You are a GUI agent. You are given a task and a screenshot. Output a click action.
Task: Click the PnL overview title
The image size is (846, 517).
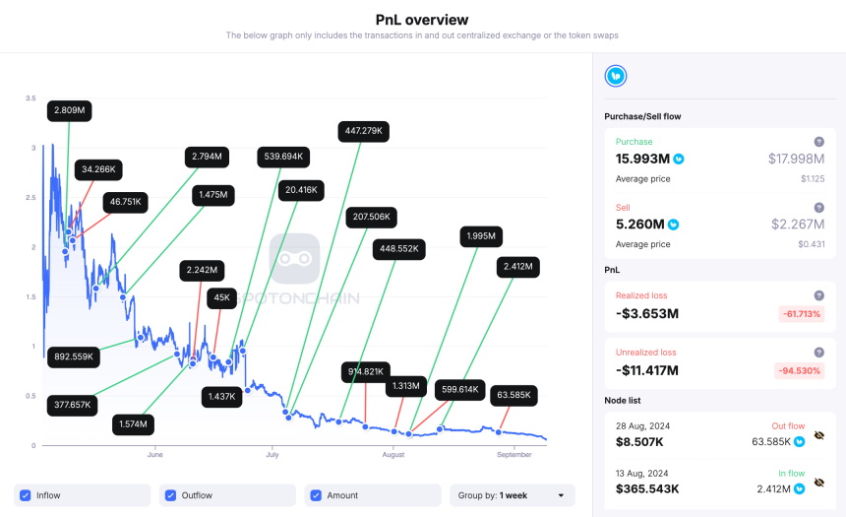tap(422, 20)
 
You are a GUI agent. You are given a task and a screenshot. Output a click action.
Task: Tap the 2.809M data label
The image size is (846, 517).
tap(69, 111)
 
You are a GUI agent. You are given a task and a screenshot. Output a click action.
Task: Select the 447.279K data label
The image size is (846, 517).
tap(363, 131)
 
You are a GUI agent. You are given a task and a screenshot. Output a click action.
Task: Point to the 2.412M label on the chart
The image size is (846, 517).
tap(517, 266)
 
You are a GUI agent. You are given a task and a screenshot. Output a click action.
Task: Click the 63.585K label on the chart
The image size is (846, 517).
tap(512, 395)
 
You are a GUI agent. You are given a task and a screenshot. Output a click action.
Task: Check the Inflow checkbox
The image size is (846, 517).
tap(26, 495)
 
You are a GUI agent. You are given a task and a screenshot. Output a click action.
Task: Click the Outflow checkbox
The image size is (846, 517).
tap(171, 495)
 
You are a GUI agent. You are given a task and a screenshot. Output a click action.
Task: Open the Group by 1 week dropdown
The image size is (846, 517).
tap(512, 495)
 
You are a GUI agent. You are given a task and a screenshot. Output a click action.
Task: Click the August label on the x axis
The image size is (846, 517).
tap(393, 455)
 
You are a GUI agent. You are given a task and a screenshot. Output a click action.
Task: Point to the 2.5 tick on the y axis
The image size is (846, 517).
tap(31, 198)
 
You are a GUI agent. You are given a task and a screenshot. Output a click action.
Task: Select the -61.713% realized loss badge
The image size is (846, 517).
tap(800, 314)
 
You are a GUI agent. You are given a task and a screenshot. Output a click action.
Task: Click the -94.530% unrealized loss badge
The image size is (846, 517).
tap(800, 370)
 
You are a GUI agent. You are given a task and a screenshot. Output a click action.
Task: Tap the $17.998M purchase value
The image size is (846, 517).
tap(796, 159)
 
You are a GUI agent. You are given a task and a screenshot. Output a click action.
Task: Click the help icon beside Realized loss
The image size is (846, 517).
tap(818, 295)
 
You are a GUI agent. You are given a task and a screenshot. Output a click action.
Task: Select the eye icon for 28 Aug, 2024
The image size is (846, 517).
tap(818, 434)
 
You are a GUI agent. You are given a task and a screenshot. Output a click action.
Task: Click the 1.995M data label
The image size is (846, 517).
tap(482, 236)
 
